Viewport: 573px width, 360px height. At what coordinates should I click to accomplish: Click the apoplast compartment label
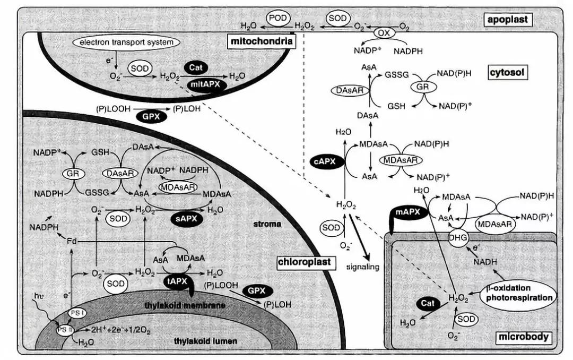(508, 21)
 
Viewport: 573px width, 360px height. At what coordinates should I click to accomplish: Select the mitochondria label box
(261, 41)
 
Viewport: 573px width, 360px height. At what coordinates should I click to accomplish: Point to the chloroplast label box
(304, 262)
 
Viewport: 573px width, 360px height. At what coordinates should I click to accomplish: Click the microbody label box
(523, 337)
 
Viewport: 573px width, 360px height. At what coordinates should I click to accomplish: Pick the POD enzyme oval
(278, 18)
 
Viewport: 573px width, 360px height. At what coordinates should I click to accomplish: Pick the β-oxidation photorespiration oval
(519, 293)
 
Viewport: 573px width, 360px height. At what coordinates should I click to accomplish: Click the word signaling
(362, 267)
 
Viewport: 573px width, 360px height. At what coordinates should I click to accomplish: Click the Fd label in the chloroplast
(72, 242)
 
